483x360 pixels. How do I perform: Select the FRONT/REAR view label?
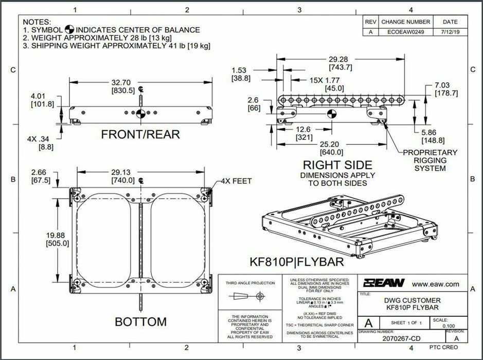(140, 135)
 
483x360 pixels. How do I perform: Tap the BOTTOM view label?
(140, 322)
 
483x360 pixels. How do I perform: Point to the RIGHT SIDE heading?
(337, 165)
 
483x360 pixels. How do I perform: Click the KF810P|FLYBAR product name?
(296, 262)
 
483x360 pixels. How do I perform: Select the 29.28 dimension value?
(340, 59)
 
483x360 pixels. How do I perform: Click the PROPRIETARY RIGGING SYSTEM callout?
(430, 160)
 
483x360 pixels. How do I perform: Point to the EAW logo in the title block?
(384, 283)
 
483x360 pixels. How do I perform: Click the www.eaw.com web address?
(436, 283)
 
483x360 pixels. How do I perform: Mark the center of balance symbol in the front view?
(139, 113)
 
